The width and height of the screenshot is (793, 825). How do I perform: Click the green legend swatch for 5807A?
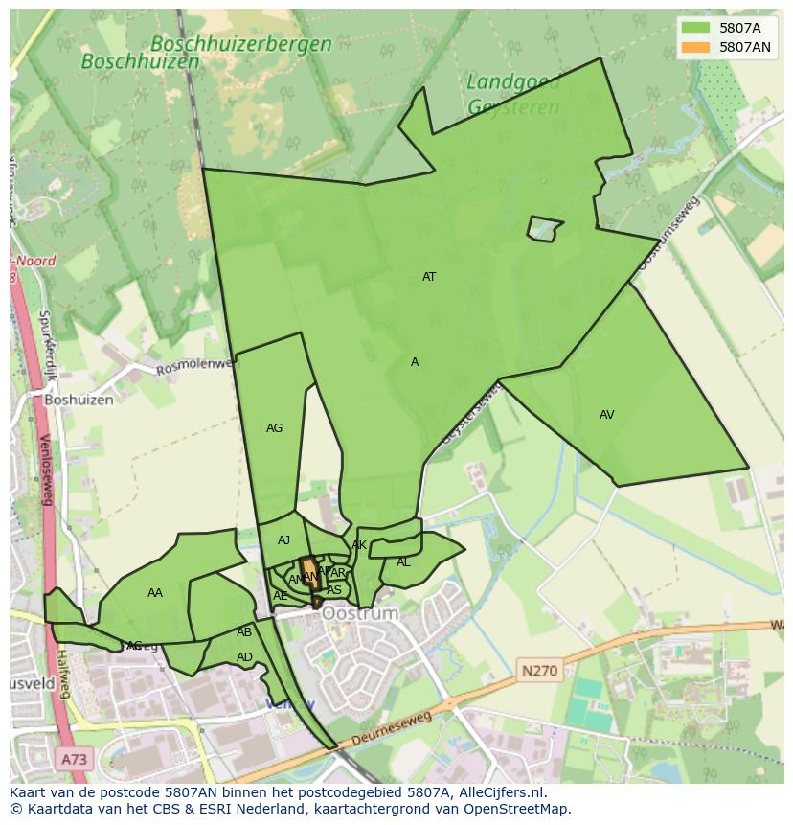[695, 28]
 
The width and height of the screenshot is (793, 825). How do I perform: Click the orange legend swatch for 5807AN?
[695, 47]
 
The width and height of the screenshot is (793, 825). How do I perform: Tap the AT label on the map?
[429, 277]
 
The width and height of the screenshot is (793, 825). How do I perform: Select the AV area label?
[606, 415]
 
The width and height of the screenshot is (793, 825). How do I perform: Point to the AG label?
[274, 428]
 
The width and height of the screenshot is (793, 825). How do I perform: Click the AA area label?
[155, 593]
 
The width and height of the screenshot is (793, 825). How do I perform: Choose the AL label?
[403, 562]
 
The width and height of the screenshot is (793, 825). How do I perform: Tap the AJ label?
[283, 540]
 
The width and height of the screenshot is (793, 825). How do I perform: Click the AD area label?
[244, 657]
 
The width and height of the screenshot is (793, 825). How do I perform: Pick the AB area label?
[244, 632]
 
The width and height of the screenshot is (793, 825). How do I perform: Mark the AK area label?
[359, 545]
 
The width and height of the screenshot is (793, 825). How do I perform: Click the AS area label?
[334, 590]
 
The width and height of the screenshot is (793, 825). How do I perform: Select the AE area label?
[280, 596]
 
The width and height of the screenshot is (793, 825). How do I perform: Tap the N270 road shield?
[539, 671]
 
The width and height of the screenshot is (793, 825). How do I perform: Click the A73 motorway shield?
[74, 760]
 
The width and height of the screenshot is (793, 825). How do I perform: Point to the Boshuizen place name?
[79, 400]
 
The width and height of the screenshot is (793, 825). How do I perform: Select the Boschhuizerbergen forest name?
[241, 44]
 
